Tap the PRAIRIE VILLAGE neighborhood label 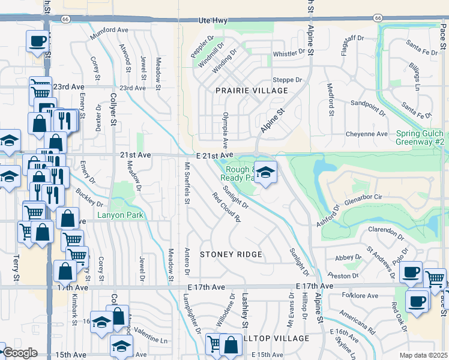coord(252,91)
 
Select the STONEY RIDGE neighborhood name coord(231,254)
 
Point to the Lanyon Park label coord(122,215)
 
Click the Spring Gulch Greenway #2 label coord(420,137)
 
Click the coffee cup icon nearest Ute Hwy coord(37,42)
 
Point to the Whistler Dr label coord(289,53)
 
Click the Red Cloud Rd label coord(226,207)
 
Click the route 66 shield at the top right coord(378,18)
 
